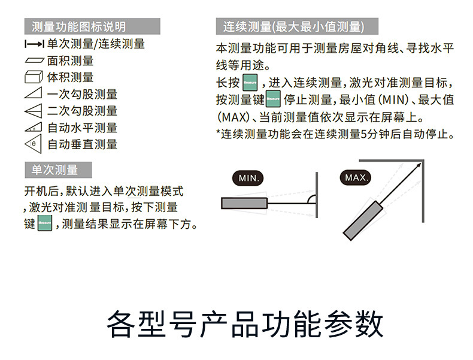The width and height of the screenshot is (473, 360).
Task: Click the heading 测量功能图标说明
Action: click(79, 26)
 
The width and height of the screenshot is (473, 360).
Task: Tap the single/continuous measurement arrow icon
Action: click(35, 44)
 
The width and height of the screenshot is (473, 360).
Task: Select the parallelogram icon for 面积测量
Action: click(35, 60)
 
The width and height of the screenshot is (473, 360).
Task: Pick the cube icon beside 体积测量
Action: click(35, 77)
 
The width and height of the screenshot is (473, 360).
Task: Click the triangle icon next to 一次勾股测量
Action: click(35, 93)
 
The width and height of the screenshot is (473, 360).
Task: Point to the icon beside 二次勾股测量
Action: click(35, 111)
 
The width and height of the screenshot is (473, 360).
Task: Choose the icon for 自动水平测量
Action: click(35, 128)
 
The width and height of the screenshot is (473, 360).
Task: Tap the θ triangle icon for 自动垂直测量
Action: click(35, 144)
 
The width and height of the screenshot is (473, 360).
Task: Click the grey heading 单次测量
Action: click(58, 170)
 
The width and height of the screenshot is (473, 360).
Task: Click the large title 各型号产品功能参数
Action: click(245, 324)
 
